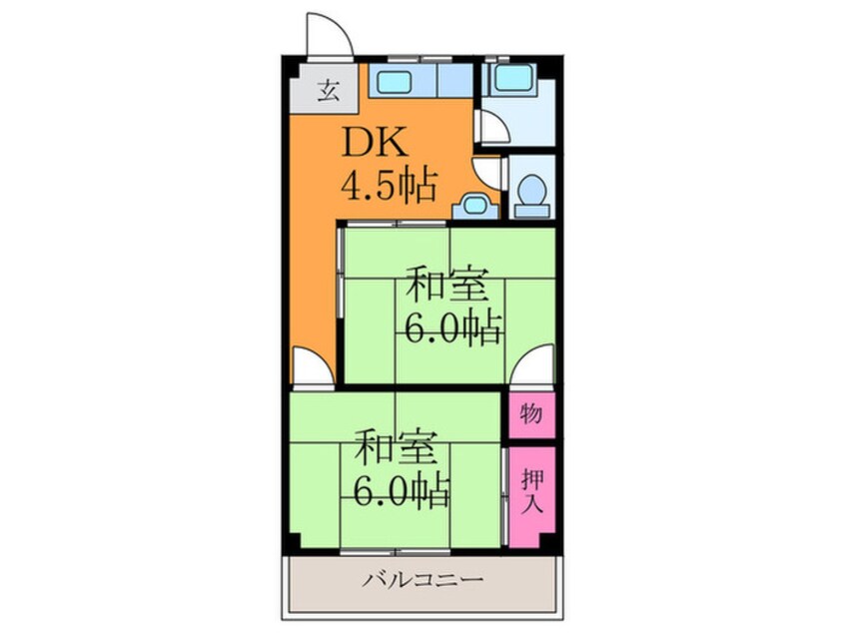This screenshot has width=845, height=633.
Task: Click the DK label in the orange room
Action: [x=376, y=146]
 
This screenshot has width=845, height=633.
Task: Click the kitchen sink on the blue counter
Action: [x=395, y=81]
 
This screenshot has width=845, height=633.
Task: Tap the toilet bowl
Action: [x=534, y=192]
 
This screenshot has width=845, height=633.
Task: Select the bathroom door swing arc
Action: [x=490, y=128]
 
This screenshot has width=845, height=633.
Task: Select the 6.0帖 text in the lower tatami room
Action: [x=400, y=490]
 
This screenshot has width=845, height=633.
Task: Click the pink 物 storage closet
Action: [x=530, y=413]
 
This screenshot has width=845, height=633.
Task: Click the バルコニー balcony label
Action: [x=422, y=580]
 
